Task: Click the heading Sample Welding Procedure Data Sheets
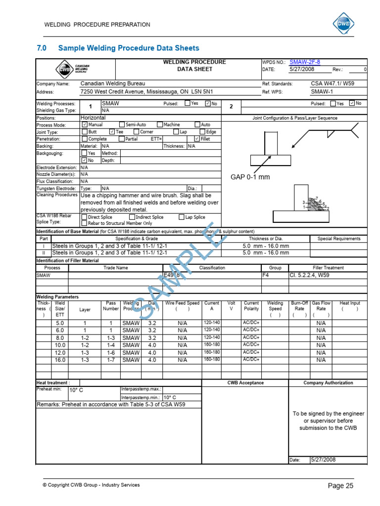click(x=129, y=48)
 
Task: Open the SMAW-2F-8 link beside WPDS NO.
click(x=305, y=62)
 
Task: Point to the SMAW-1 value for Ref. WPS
click(x=322, y=91)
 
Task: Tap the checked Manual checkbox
click(x=84, y=125)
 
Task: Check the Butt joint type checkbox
click(x=84, y=132)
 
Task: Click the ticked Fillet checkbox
click(x=197, y=139)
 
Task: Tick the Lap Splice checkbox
click(x=182, y=217)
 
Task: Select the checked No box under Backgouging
click(x=84, y=160)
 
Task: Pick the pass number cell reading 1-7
click(x=111, y=360)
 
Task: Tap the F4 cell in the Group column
click(x=266, y=275)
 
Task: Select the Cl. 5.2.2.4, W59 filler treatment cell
click(x=309, y=275)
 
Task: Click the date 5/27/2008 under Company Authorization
click(x=323, y=460)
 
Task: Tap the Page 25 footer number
click(x=340, y=486)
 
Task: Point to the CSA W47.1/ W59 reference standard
click(x=331, y=84)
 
